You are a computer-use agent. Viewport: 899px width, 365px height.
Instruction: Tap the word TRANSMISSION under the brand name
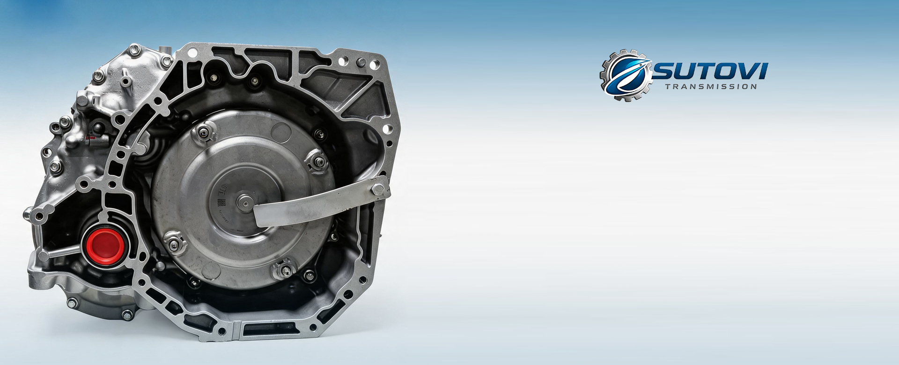[711, 87]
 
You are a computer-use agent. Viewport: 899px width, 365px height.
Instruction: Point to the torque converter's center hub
[244, 203]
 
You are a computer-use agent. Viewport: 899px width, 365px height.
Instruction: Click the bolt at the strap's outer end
[378, 190]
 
